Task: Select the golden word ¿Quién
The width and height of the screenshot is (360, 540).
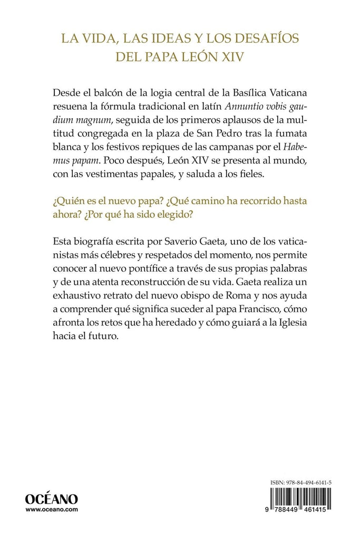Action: [x=70, y=200]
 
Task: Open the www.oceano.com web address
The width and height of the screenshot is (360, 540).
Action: [x=52, y=510]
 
